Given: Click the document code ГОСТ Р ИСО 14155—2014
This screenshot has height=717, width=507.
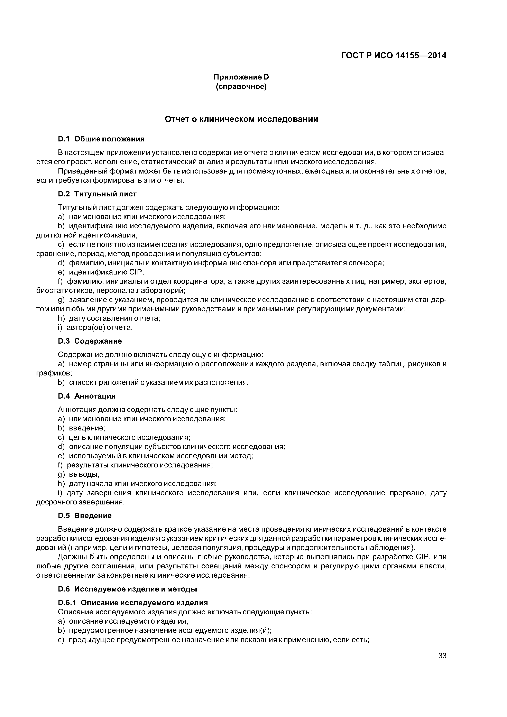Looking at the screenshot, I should point(393,56).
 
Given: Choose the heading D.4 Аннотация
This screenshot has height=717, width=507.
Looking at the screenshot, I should point(87,396).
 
